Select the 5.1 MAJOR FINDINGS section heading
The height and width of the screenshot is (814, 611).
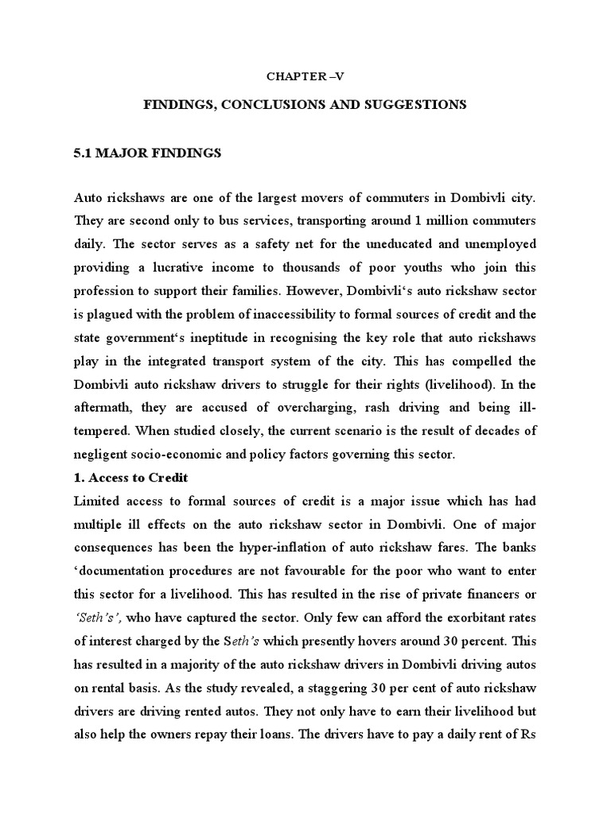click(146, 154)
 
